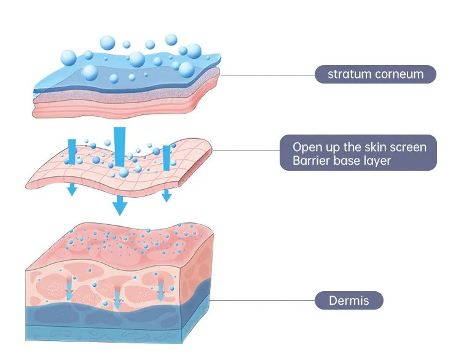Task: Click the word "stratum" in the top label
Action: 347,74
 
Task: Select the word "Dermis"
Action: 349,301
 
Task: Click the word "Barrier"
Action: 302,162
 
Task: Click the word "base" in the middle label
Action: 342,162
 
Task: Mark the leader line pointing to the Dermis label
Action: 264,301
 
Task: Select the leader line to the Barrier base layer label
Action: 246,152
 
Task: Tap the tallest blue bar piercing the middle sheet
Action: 120,147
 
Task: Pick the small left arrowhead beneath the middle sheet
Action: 73,190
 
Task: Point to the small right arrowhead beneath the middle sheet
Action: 166,196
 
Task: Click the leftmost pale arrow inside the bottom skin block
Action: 69,289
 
